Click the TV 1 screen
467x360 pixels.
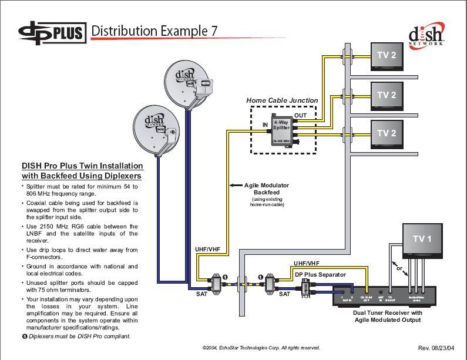pos(422,239)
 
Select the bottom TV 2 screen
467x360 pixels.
pos(387,133)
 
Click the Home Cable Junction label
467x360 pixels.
pos(282,100)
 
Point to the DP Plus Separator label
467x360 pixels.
pos(320,274)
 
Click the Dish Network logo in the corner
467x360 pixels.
pos(426,35)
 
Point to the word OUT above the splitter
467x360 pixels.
pos(300,115)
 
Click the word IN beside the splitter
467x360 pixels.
pos(266,125)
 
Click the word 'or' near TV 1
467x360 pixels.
pos(400,268)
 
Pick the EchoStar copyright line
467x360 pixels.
pos(261,348)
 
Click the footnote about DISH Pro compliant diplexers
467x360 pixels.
pos(76,337)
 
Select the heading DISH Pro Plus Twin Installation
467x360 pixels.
pos(82,166)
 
